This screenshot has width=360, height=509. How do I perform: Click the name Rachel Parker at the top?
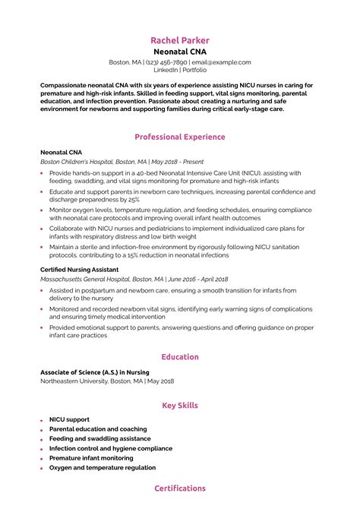179,40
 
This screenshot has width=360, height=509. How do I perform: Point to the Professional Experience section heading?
179,137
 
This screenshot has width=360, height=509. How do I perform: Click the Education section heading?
180,357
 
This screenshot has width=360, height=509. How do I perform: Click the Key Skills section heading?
180,406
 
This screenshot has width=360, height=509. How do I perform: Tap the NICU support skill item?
69,419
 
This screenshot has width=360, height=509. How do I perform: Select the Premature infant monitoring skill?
90,459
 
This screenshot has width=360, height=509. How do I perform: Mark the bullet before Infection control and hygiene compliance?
41,449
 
